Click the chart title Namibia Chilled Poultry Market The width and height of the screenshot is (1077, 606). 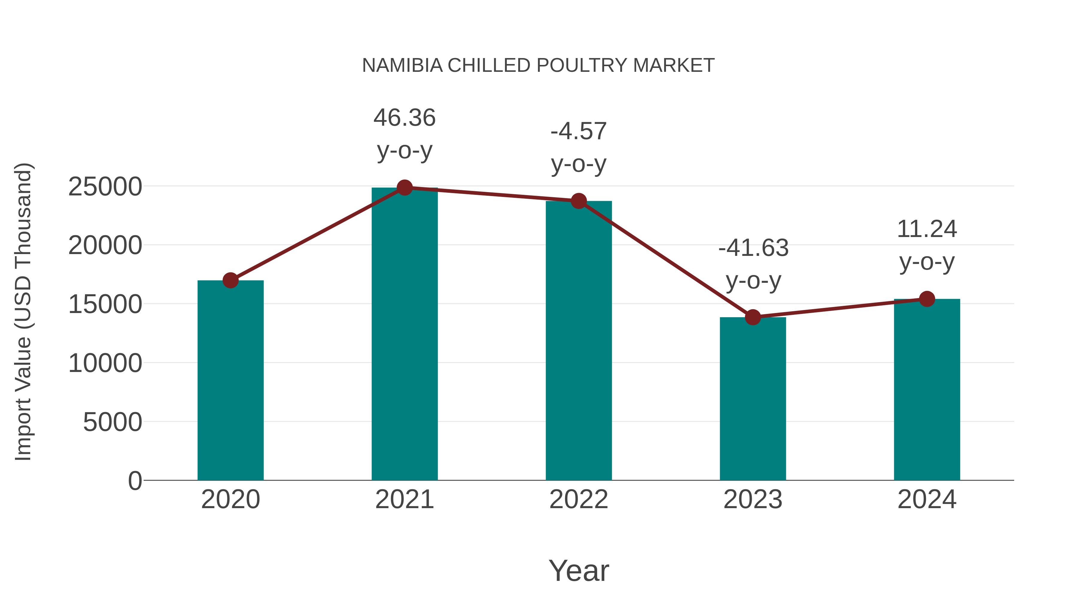pyautogui.click(x=538, y=66)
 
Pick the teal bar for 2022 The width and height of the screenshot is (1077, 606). pyautogui.click(x=579, y=341)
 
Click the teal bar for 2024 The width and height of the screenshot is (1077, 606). pyautogui.click(x=927, y=389)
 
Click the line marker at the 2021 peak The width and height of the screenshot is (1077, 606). pyautogui.click(x=404, y=188)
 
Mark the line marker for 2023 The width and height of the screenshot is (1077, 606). pyautogui.click(x=753, y=318)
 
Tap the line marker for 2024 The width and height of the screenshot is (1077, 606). pyautogui.click(x=927, y=299)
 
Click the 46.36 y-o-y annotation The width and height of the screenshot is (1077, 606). pyautogui.click(x=404, y=134)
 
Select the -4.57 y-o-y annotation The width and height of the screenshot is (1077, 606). pyautogui.click(x=579, y=147)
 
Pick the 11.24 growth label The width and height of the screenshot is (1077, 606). pyautogui.click(x=927, y=245)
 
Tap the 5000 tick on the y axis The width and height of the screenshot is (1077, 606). pyautogui.click(x=112, y=422)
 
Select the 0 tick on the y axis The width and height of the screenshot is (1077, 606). pyautogui.click(x=135, y=481)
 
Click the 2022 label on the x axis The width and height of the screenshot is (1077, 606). pyautogui.click(x=579, y=499)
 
